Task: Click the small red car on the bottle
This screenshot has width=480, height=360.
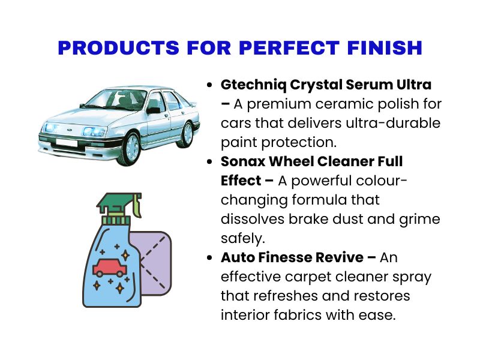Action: [x=109, y=268]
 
